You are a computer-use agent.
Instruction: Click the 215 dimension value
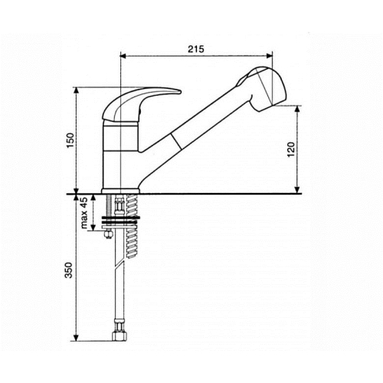[x=196, y=49]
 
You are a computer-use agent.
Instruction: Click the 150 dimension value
[x=70, y=140]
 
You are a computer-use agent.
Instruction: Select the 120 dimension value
[x=291, y=149]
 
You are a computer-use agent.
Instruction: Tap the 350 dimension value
[x=69, y=270]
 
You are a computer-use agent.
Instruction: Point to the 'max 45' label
[x=84, y=212]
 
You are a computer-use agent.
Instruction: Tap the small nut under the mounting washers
[x=109, y=234]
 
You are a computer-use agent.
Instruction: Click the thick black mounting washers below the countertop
[x=120, y=221]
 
